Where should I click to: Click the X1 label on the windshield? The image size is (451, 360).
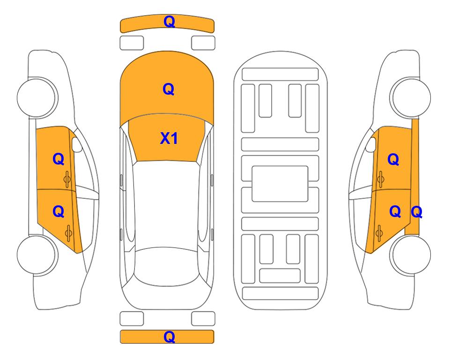[169, 139]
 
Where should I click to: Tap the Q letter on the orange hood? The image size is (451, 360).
[169, 89]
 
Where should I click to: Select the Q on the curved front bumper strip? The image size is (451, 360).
[170, 21]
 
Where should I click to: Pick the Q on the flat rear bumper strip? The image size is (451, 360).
[170, 337]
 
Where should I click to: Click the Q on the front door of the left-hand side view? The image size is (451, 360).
[59, 159]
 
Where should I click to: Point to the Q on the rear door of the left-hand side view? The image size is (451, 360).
[59, 212]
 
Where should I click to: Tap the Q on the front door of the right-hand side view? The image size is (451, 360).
[393, 159]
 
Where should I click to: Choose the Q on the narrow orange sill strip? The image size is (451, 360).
[416, 212]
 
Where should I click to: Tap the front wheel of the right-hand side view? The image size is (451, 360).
[410, 97]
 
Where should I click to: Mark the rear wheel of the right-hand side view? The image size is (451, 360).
[410, 255]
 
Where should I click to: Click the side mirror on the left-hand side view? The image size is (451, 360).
[76, 144]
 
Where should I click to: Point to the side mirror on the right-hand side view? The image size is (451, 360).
[371, 144]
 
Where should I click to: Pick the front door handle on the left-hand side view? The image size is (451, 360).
[67, 180]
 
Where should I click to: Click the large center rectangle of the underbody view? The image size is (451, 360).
[280, 184]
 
